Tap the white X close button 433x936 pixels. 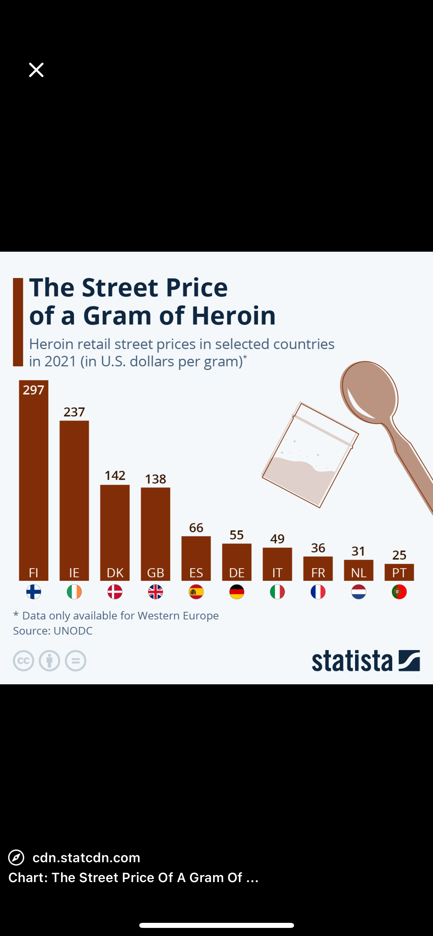(36, 70)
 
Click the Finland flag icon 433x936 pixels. (33, 592)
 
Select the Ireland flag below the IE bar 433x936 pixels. (74, 592)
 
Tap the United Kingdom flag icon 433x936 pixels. (155, 592)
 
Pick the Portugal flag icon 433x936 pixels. (399, 592)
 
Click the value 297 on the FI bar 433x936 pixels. (33, 390)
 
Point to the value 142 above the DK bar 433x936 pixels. (115, 475)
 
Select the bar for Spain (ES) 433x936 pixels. (196, 559)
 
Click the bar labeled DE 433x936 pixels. (237, 562)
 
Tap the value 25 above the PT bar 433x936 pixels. (399, 555)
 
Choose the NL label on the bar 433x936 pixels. (358, 573)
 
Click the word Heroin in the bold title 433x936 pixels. (233, 315)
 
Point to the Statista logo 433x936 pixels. (366, 660)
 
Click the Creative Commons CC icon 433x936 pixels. (24, 661)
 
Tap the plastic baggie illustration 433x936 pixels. (310, 455)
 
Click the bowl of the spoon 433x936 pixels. (369, 392)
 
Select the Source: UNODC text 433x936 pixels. (53, 631)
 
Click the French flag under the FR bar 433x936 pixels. (318, 592)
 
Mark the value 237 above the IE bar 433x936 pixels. (74, 412)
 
